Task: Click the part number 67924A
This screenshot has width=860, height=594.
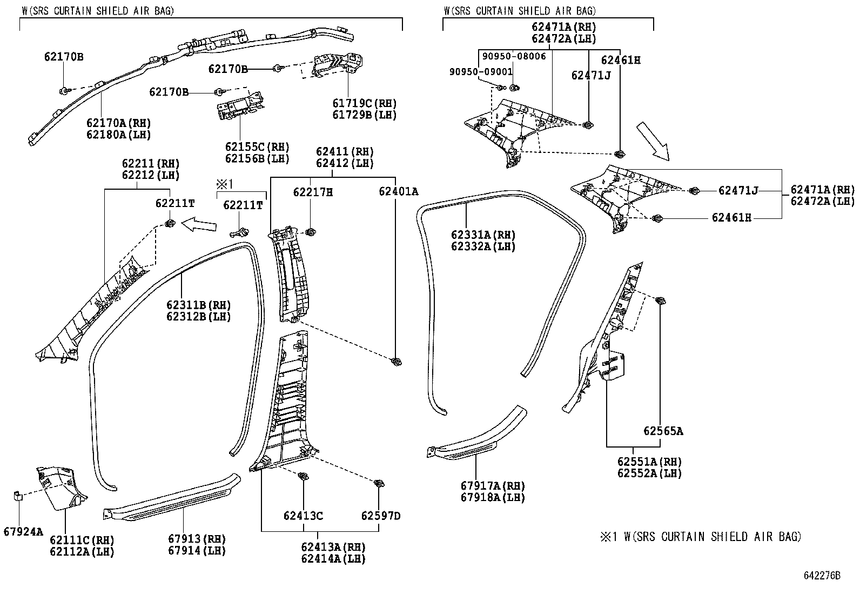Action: (23, 531)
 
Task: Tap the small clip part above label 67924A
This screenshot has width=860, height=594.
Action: (17, 496)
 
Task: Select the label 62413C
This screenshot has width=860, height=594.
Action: (303, 516)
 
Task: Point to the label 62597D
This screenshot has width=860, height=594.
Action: (381, 516)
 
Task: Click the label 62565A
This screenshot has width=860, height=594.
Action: (663, 431)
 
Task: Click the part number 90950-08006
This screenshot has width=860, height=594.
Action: (514, 56)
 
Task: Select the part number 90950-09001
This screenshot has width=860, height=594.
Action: (481, 72)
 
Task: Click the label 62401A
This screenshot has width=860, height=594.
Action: (398, 191)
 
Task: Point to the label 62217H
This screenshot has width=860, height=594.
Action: (313, 191)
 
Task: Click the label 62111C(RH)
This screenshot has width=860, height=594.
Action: (82, 540)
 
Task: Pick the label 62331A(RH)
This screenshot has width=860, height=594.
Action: (483, 235)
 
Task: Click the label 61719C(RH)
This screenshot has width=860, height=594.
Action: (364, 103)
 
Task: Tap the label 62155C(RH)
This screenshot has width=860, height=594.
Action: (257, 147)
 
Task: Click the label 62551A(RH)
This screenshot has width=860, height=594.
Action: (650, 462)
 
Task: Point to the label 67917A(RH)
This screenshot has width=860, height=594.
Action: (493, 486)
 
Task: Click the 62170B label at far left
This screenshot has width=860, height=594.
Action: (64, 56)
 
